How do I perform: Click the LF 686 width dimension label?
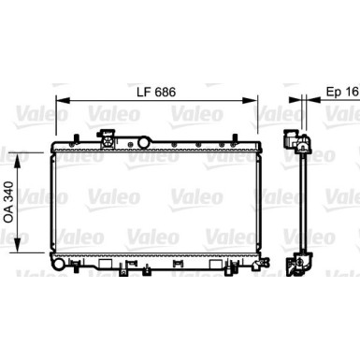[x=155, y=94]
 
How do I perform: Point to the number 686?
[x=166, y=94]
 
